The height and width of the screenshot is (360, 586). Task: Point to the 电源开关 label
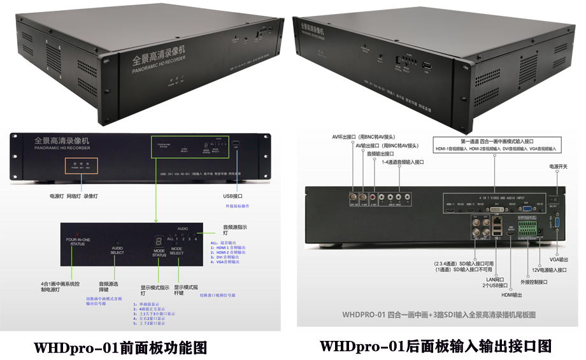[557, 166]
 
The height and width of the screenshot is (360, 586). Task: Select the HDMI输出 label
[511, 295]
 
